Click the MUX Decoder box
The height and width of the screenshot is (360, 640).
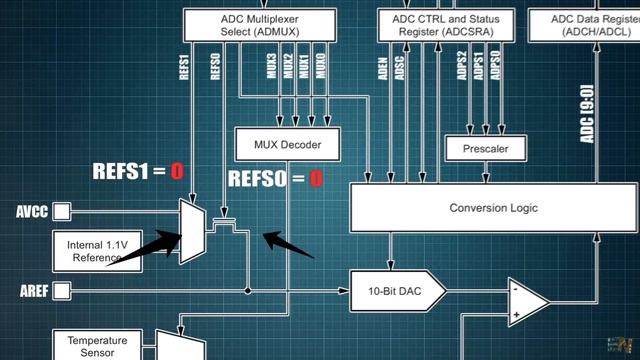(x=287, y=145)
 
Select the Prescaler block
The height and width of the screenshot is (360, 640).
(x=486, y=149)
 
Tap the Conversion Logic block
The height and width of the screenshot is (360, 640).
(x=493, y=208)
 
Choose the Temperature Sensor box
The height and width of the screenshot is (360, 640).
(x=97, y=346)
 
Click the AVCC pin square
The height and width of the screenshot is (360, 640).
(x=62, y=212)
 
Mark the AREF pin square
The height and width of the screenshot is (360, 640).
(x=62, y=291)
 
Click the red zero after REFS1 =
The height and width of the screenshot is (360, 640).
(x=177, y=171)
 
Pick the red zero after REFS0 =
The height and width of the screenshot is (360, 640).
(x=316, y=180)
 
